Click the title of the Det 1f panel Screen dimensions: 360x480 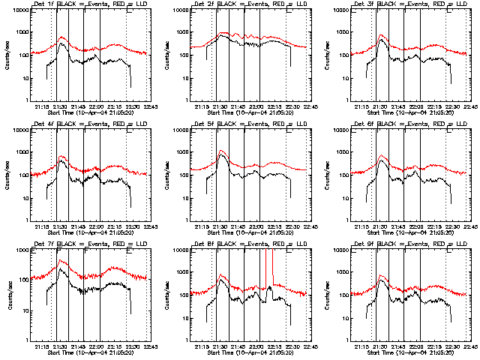(86, 5)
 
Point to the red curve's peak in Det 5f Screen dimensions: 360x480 (222, 151)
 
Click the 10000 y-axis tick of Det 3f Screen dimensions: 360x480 (341, 10)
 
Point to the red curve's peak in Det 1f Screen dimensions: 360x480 (62, 37)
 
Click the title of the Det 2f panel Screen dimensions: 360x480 (246, 5)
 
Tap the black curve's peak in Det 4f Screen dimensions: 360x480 (62, 167)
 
